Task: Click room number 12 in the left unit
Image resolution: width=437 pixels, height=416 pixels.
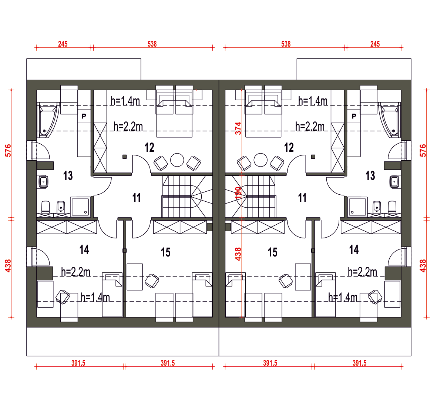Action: tap(149, 148)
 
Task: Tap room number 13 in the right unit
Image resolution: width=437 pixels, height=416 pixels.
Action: tap(370, 176)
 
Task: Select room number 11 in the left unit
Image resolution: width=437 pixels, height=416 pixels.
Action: tap(136, 198)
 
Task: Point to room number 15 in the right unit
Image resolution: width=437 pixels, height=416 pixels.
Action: tap(273, 252)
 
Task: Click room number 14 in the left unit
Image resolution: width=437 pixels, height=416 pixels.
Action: tap(84, 249)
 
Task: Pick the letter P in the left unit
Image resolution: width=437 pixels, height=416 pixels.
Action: tap(84, 116)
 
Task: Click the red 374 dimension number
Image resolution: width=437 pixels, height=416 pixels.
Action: tap(238, 128)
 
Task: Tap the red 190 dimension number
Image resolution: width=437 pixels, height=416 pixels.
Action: tap(238, 193)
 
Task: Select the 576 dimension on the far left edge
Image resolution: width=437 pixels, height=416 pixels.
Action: tap(8, 151)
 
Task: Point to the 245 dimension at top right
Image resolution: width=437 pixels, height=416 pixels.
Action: tap(375, 44)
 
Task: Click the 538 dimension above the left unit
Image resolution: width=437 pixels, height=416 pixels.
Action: tap(152, 44)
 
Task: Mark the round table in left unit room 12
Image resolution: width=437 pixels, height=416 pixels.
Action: tap(177, 160)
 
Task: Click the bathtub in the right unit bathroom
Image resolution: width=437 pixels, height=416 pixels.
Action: tap(390, 120)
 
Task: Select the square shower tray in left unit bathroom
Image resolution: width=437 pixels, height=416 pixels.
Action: tap(80, 207)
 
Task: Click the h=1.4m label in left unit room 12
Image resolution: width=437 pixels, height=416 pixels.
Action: tap(125, 101)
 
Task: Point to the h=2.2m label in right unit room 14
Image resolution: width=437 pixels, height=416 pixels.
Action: tap(362, 272)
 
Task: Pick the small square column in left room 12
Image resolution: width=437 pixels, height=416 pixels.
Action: tap(125, 157)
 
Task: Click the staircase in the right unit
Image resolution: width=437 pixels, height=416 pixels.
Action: tap(250, 196)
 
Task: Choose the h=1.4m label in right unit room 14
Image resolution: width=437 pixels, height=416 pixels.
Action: tap(343, 298)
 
